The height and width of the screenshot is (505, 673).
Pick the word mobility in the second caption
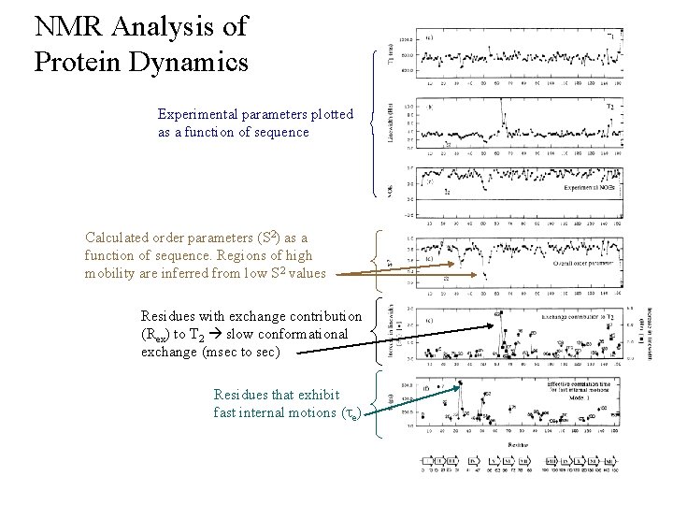[113, 273]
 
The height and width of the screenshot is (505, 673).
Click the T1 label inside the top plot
[610, 36]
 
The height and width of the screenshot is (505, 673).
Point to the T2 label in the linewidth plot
[609, 107]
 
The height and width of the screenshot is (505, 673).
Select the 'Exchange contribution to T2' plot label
[573, 318]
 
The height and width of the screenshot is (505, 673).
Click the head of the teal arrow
[462, 384]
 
